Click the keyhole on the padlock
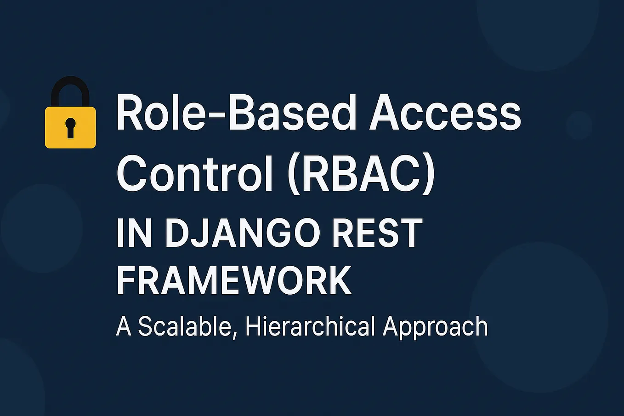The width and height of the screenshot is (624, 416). pyautogui.click(x=70, y=128)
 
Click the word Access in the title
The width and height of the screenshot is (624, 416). pyautogui.click(x=445, y=113)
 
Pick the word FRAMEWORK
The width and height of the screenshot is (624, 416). pyautogui.click(x=234, y=281)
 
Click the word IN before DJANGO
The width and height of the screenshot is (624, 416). pyautogui.click(x=134, y=233)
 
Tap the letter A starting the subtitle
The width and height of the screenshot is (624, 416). pyautogui.click(x=124, y=326)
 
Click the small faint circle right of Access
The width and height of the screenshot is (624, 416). pyautogui.click(x=579, y=125)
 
